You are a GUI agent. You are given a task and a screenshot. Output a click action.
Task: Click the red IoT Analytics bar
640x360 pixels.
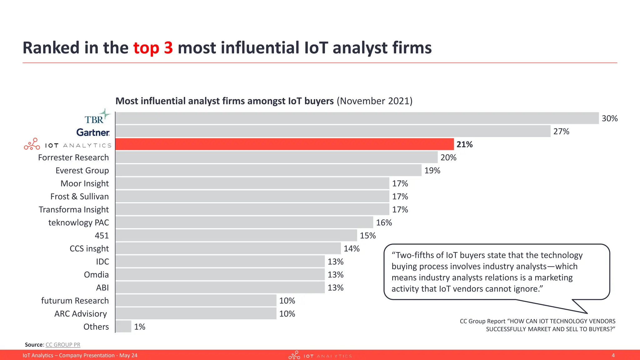pyautogui.click(x=284, y=144)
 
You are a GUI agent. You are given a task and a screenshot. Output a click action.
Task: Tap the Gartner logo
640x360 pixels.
pyautogui.click(x=93, y=132)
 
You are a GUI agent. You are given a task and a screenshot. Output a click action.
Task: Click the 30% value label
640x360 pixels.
pyautogui.click(x=609, y=118)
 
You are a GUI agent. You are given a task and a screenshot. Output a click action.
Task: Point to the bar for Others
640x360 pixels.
pyautogui.click(x=123, y=327)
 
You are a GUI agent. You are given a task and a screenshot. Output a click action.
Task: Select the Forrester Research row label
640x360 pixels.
pyautogui.click(x=73, y=157)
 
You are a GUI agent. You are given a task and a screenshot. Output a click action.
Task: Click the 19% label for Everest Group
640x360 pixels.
pyautogui.click(x=432, y=171)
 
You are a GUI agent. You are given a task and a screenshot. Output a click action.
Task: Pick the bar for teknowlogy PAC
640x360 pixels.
pyautogui.click(x=244, y=222)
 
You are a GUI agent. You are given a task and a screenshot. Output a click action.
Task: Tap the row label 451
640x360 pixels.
pyautogui.click(x=102, y=236)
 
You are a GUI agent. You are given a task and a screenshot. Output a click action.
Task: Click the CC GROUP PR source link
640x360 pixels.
pyautogui.click(x=63, y=345)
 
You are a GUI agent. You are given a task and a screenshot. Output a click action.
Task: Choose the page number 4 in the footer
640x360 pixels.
pyautogui.click(x=613, y=355)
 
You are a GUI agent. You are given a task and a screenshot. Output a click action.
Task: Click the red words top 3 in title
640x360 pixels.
pyautogui.click(x=153, y=48)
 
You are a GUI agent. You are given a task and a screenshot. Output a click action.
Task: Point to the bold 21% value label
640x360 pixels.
pyautogui.click(x=464, y=144)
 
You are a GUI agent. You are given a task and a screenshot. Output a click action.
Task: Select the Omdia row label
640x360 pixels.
pyautogui.click(x=96, y=275)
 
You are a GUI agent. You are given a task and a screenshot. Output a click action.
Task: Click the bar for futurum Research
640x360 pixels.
pyautogui.click(x=196, y=301)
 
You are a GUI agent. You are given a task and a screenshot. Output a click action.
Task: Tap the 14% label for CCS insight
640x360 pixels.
pyautogui.click(x=352, y=249)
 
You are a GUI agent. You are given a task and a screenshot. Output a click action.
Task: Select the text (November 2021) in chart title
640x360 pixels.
pyautogui.click(x=374, y=101)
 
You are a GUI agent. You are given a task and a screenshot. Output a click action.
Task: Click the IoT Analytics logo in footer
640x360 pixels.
pyautogui.click(x=320, y=355)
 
